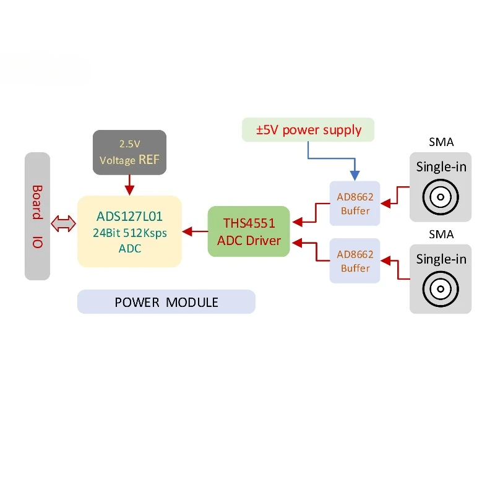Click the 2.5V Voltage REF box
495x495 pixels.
(129, 152)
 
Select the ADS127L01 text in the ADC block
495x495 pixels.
(129, 216)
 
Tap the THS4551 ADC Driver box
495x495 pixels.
(249, 231)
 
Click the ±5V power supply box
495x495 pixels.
(308, 130)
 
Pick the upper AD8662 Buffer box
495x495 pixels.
(355, 204)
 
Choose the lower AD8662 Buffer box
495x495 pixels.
(355, 260)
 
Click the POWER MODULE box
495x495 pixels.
(166, 302)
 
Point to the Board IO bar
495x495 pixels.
(37, 216)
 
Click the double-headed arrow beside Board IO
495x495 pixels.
(63, 224)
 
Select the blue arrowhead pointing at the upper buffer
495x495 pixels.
(355, 176)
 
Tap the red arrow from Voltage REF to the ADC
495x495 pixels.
(129, 185)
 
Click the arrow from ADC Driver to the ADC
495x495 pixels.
(195, 231)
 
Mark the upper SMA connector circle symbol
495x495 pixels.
(441, 197)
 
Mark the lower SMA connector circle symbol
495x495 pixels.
(441, 289)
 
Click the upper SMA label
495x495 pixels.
(441, 142)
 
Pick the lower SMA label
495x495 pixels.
(441, 235)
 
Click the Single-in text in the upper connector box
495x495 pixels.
(441, 166)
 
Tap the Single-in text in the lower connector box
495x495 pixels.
(441, 259)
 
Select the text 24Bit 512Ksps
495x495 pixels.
(130, 233)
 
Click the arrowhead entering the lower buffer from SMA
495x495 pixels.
(385, 260)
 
